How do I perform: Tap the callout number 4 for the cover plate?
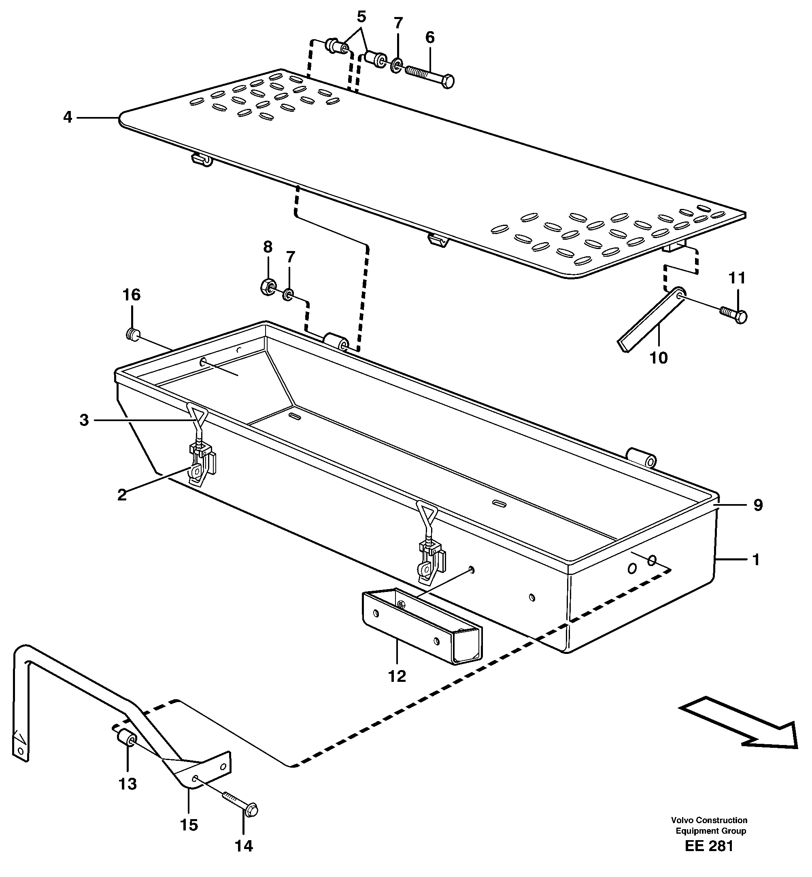coord(67,117)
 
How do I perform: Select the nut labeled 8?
coord(267,287)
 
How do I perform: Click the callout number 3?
coord(84,420)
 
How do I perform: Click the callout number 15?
coord(189,825)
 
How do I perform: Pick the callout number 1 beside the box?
coord(756,560)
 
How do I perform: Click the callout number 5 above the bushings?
coord(361,17)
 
